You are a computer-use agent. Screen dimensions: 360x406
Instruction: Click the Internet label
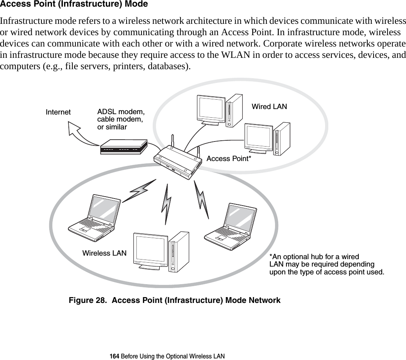[x=58, y=112]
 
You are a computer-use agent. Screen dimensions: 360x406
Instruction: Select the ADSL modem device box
[x=123, y=147]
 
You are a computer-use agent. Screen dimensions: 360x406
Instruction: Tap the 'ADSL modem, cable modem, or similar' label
[x=120, y=120]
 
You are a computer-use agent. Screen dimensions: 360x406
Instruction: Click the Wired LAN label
[x=269, y=106]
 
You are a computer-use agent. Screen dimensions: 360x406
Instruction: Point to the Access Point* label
[x=229, y=159]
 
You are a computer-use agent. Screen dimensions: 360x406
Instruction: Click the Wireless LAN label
[x=104, y=253]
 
